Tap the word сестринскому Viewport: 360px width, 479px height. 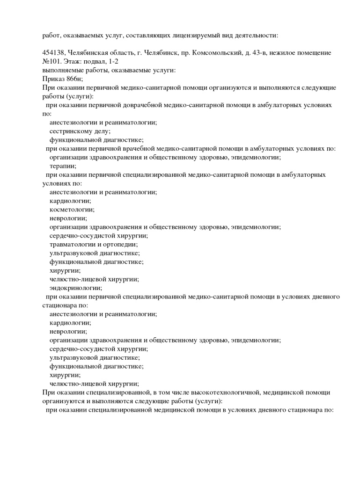(72, 131)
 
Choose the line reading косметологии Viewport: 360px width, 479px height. (72, 209)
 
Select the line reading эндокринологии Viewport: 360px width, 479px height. (75, 288)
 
